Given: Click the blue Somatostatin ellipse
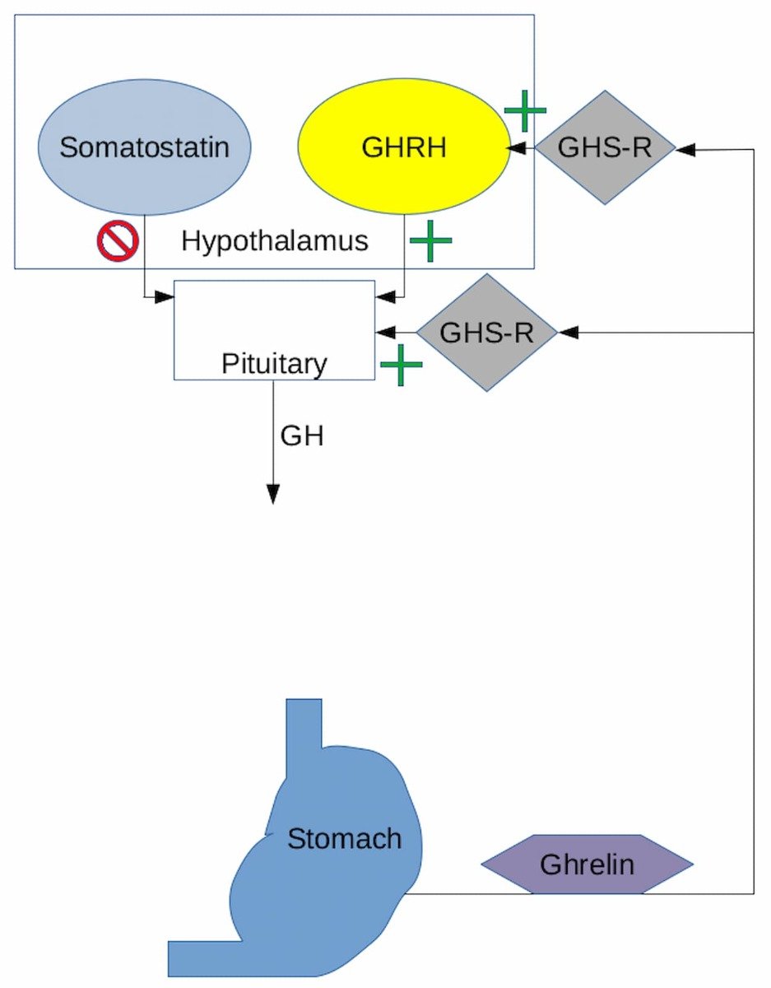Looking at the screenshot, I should click(x=145, y=148).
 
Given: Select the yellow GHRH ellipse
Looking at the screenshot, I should click(x=403, y=148).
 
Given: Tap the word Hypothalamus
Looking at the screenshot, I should click(x=275, y=241).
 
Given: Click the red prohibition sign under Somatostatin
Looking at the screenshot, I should click(x=118, y=241).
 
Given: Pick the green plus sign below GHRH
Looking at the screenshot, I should click(x=431, y=240).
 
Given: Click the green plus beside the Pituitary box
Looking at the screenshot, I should click(x=401, y=365).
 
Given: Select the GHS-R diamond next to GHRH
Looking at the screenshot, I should click(x=605, y=148).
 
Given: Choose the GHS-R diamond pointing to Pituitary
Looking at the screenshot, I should click(x=486, y=333).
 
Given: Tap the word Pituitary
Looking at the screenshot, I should click(x=274, y=364).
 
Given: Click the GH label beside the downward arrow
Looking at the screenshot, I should click(x=302, y=436).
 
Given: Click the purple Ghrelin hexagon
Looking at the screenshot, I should click(x=587, y=864).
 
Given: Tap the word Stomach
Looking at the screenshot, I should click(x=344, y=839).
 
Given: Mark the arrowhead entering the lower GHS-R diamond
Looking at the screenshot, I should click(x=568, y=333).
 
